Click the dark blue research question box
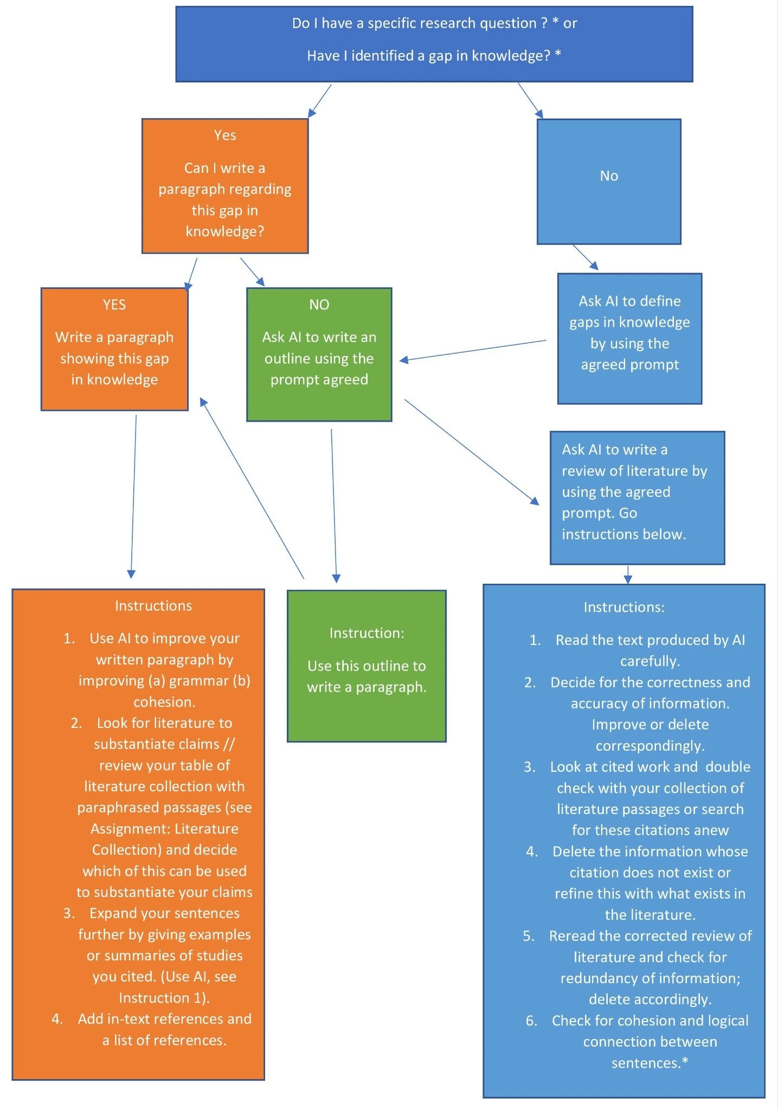point(434,44)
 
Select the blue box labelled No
point(609,182)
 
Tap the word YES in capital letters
point(114,305)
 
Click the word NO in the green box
point(319,305)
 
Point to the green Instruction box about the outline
point(367,666)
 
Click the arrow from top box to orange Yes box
point(319,101)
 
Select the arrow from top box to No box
point(530,100)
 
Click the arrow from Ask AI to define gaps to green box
point(473,351)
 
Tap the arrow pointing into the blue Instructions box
point(628,575)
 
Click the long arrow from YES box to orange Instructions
point(133,496)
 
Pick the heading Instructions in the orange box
point(153,606)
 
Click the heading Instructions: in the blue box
point(624,607)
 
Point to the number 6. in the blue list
point(531,1021)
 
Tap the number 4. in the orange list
point(57,1019)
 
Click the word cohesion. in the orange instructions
point(164,702)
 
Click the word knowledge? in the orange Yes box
point(225,231)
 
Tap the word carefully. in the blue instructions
point(650,661)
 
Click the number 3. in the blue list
point(530,767)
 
